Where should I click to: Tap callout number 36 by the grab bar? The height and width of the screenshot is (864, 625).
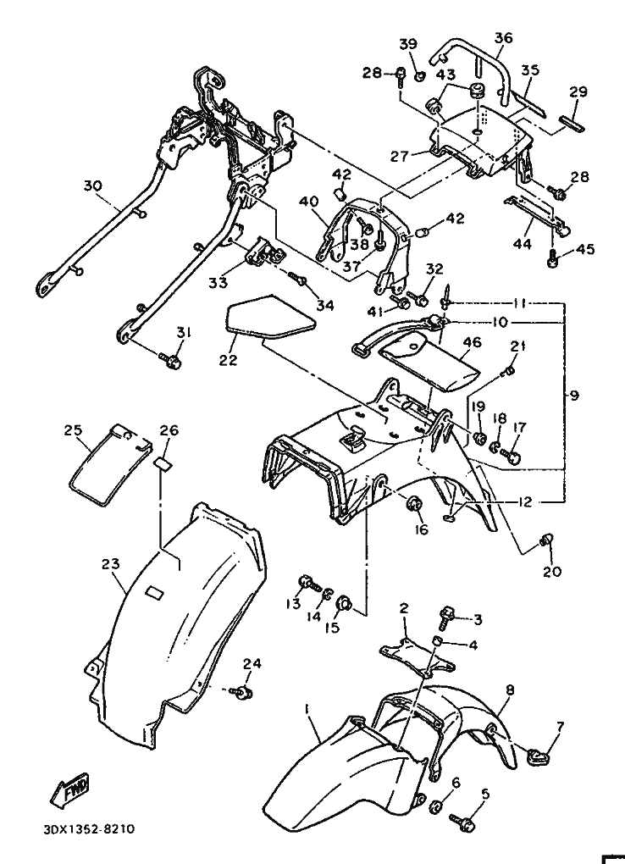tap(503, 38)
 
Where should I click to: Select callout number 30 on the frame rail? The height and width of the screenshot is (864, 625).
tap(92, 186)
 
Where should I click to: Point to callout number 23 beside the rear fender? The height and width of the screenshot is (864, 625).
tap(111, 563)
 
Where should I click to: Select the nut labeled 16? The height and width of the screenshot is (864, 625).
tap(414, 503)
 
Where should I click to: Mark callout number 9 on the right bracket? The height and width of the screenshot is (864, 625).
tap(574, 396)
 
